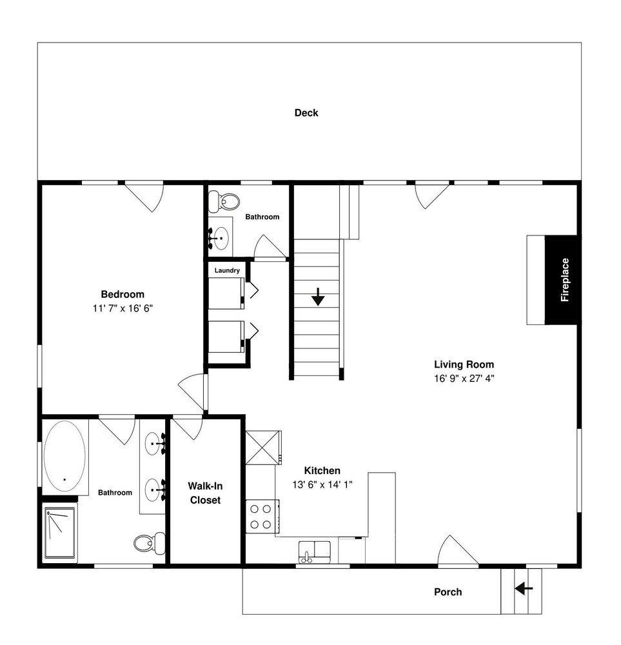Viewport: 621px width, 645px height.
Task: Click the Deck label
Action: pos(306,113)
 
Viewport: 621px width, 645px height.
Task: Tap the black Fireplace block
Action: pos(562,280)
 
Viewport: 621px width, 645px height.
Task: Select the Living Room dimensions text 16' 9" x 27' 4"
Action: pos(464,379)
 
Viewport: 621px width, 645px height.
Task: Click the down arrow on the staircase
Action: pos(318,296)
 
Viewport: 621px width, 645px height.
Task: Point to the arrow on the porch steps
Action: pos(524,589)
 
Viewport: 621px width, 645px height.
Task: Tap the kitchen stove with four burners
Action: pos(262,517)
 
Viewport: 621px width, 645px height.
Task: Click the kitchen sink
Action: pos(314,552)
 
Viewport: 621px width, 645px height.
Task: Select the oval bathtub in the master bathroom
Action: pos(65,455)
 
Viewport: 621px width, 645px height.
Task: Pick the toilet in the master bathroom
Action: pos(150,543)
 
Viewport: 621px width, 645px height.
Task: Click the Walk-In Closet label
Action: pos(205,493)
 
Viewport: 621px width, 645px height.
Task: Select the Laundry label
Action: pos(227,270)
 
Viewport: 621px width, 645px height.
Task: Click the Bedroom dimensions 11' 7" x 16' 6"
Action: pos(123,308)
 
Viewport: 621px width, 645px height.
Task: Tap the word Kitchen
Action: pos(322,471)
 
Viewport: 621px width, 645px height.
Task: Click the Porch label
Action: pos(448,592)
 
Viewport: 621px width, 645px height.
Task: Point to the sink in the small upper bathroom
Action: pos(221,238)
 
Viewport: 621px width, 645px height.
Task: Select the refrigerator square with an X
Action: pos(263,448)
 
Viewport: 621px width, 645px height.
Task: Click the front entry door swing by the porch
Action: pos(457,550)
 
